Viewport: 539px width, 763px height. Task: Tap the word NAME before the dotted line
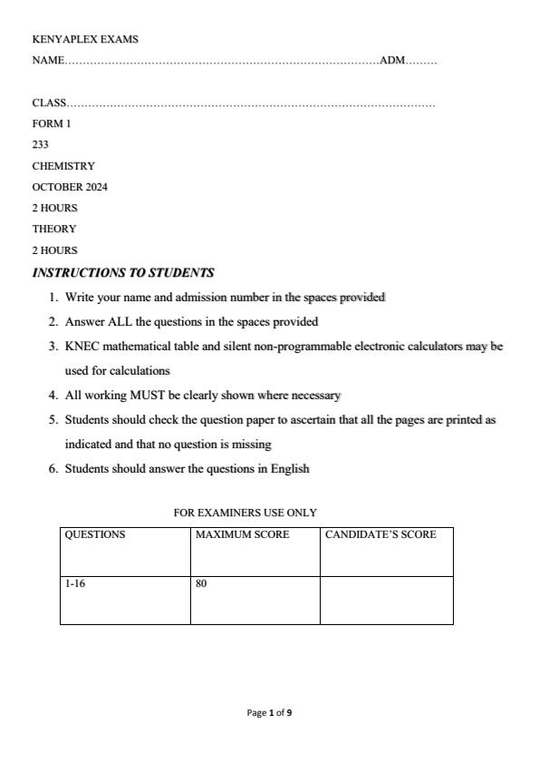pyautogui.click(x=48, y=61)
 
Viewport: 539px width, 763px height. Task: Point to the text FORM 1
pyautogui.click(x=51, y=124)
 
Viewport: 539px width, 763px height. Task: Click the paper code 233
pyautogui.click(x=41, y=145)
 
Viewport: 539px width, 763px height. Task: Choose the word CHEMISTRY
pyautogui.click(x=63, y=166)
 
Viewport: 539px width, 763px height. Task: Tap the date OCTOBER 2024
pyautogui.click(x=70, y=187)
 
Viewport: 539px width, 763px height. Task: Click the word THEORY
pyautogui.click(x=54, y=229)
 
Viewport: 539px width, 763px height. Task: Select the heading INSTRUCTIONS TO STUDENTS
pyautogui.click(x=123, y=272)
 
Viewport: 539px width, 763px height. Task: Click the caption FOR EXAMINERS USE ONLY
pyautogui.click(x=245, y=513)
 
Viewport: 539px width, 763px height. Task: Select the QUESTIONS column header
pyautogui.click(x=95, y=535)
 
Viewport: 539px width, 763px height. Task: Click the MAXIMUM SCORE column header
pyautogui.click(x=242, y=535)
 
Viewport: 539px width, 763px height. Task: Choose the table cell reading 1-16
pyautogui.click(x=74, y=584)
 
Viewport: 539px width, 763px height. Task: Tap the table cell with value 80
pyautogui.click(x=200, y=584)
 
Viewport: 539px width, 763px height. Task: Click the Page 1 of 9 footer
pyautogui.click(x=269, y=713)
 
